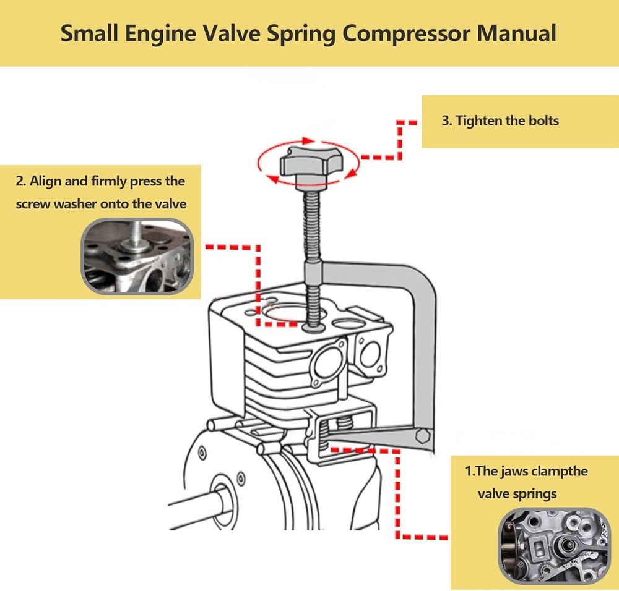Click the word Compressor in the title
(408, 33)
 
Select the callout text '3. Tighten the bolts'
(500, 121)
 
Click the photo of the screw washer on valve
(137, 256)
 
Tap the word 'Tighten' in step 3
(479, 121)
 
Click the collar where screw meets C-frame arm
(314, 270)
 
